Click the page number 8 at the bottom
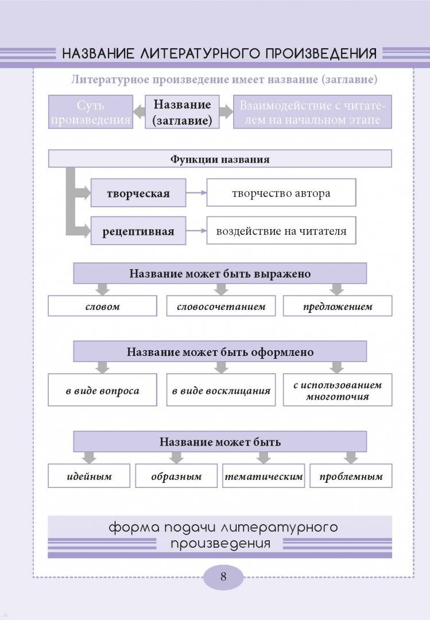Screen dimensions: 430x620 coord(223,576)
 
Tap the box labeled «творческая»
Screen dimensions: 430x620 coord(138,192)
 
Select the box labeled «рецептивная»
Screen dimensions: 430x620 coord(138,231)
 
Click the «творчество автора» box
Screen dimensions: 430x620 coord(281,192)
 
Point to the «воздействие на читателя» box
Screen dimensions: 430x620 coord(281,231)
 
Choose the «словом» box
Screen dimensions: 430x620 coord(102,306)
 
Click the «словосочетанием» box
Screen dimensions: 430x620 coord(220,306)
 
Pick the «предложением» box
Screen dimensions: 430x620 coord(338,306)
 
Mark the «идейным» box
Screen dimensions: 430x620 coord(89,476)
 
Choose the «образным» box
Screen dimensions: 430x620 coord(176,476)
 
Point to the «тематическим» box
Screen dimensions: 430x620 coord(264,476)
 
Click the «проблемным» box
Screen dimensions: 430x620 coord(351,476)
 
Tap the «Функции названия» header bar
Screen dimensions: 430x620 coord(220,158)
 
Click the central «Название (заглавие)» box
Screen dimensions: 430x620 coord(182,112)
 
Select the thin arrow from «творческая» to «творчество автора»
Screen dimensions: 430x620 coord(196,192)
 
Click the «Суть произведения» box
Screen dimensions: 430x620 coord(91,112)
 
